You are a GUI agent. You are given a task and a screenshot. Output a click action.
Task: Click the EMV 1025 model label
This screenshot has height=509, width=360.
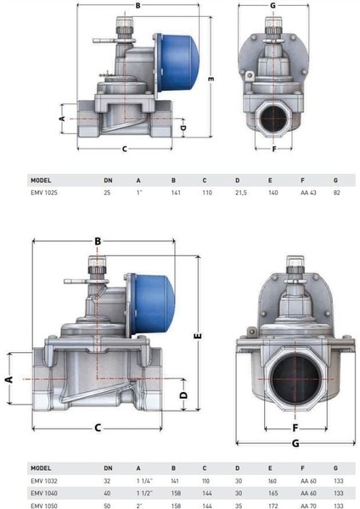pyautogui.click(x=44, y=193)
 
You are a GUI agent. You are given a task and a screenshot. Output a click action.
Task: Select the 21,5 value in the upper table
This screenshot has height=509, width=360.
pyautogui.click(x=241, y=193)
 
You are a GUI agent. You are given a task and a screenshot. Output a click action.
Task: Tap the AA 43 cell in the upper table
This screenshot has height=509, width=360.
pyautogui.click(x=308, y=193)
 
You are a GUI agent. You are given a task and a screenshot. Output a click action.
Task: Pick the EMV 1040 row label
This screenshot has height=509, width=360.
pyautogui.click(x=44, y=493)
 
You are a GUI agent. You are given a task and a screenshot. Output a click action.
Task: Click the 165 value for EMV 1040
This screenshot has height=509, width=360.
pyautogui.click(x=273, y=493)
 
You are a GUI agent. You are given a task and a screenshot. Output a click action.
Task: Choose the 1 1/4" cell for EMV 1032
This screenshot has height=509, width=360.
pyautogui.click(x=144, y=481)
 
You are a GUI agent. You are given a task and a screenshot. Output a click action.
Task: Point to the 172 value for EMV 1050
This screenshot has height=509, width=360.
pyautogui.click(x=273, y=506)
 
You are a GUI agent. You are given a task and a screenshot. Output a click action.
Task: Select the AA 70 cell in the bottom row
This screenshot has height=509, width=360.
pyautogui.click(x=308, y=506)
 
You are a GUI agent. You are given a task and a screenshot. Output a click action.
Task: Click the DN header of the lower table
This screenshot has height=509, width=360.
pyautogui.click(x=108, y=468)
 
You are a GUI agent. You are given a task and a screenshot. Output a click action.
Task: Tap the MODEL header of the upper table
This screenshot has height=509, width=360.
pyautogui.click(x=41, y=180)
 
